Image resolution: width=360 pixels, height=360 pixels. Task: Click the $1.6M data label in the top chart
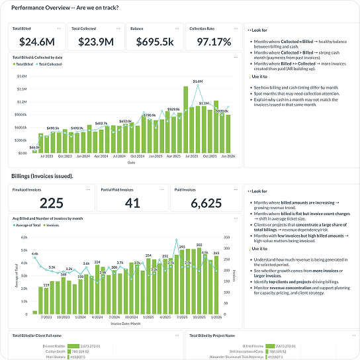[197, 81]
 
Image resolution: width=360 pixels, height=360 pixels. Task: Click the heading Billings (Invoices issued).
[42, 176]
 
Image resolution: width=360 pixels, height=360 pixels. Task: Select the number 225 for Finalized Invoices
[52, 203]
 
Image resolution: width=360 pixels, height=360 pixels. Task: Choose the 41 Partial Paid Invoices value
[132, 203]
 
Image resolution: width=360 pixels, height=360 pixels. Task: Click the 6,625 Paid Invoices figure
[205, 203]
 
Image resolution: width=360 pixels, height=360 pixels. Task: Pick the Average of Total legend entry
[28, 226]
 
